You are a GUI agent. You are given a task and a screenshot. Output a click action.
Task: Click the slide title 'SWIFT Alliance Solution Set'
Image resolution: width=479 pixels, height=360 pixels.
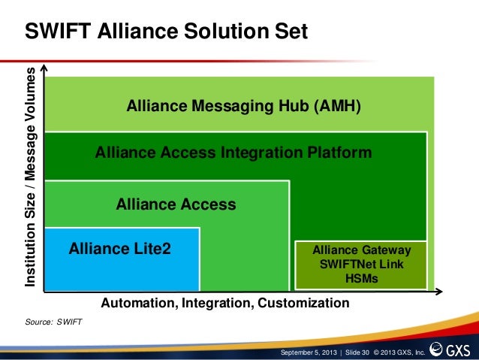167,32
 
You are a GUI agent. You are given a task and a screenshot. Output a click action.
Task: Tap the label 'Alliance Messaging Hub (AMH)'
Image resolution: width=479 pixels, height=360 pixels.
244,107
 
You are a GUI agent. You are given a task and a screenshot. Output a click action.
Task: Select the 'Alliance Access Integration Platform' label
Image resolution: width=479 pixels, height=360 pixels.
233,153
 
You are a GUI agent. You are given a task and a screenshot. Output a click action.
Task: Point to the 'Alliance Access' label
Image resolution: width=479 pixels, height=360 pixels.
176,204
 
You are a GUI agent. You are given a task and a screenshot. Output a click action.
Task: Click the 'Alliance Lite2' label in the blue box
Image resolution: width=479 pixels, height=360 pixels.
120,248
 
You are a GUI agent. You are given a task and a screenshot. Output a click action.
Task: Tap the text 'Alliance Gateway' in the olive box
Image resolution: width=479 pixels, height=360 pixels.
362,250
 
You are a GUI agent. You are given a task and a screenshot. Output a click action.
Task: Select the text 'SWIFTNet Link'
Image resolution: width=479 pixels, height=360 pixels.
362,264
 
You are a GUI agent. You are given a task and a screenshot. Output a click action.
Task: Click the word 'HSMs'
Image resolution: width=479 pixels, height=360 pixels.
361,278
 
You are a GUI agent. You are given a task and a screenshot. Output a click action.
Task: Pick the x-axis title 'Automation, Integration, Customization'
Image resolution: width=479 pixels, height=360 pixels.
225,304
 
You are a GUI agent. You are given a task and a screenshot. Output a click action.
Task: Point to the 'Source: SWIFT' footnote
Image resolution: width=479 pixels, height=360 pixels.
54,322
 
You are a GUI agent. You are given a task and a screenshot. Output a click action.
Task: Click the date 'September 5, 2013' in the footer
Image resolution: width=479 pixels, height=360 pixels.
308,352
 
